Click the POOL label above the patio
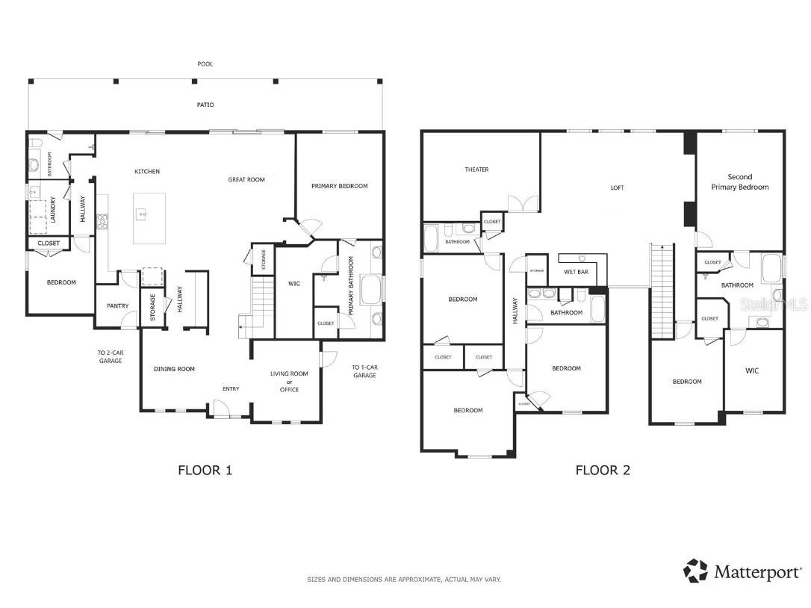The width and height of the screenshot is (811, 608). point(205,64)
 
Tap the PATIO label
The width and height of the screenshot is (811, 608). point(205,105)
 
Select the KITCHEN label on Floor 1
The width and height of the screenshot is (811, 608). point(147,172)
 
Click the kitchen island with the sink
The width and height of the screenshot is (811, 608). point(149,217)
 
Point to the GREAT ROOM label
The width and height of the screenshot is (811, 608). point(246,179)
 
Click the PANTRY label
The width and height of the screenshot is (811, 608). point(117,305)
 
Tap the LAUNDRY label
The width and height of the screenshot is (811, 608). point(53,209)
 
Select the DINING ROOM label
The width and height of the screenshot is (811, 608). point(174,369)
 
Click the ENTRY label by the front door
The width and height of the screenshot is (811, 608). point(231,388)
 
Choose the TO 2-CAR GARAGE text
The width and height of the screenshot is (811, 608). point(109,356)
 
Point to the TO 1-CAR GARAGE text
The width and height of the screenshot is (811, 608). point(364,370)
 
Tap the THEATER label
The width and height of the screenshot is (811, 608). point(476,170)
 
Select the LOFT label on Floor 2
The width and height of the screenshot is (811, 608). point(617,187)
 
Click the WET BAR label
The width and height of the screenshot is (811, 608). point(576,272)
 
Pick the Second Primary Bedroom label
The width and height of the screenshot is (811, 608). point(739,182)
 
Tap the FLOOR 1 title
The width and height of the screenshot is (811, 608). point(205,470)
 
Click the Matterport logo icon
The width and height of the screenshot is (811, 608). point(695,571)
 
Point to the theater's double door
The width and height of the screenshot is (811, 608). point(523,203)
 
